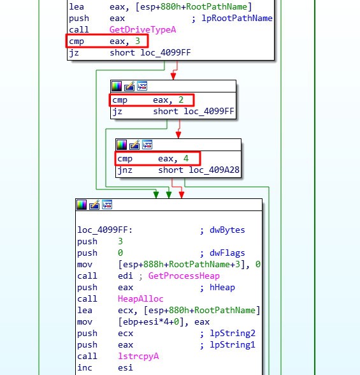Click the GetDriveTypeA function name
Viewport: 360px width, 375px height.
coord(143,29)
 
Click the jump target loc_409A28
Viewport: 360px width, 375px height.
coord(214,170)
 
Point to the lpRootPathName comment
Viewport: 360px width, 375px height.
coord(237,18)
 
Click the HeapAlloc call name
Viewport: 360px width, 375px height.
coord(140,298)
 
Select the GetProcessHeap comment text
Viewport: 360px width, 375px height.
coord(184,276)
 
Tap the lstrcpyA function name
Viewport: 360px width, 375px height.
coord(138,356)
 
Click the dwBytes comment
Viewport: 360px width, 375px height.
coord(227,230)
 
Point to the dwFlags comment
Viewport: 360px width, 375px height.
coord(227,253)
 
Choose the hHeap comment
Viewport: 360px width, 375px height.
coord(222,287)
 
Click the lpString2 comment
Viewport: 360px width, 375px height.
coord(233,333)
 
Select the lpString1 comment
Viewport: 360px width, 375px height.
coord(233,344)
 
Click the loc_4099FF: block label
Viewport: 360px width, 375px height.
coord(105,230)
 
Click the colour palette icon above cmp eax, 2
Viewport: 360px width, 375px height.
coord(117,86)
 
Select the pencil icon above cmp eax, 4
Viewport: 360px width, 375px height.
coord(134,145)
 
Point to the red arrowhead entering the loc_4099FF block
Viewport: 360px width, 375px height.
coord(182,195)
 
